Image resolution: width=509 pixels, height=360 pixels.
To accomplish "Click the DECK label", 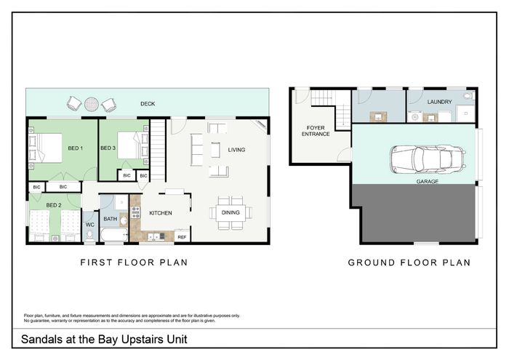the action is [148, 104].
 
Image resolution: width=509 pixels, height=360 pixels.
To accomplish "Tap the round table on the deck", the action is [92, 104].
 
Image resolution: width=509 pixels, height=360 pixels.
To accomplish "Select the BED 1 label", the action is [76, 148].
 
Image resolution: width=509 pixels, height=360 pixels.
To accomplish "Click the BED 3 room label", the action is [108, 148].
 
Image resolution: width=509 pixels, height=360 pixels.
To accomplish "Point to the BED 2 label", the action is [54, 205].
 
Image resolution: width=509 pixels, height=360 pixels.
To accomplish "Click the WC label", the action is [90, 225].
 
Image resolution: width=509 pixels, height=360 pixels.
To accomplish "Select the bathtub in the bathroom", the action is [114, 235].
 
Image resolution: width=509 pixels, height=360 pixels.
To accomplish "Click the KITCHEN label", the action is [161, 213].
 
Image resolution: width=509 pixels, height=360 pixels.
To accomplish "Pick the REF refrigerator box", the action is [182, 236].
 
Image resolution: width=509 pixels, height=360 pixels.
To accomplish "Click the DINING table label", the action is [231, 212].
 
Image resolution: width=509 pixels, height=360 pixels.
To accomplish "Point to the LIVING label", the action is [236, 150].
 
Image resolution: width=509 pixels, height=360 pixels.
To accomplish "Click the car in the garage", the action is [428, 159].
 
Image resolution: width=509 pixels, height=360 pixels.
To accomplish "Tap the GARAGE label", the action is [428, 182].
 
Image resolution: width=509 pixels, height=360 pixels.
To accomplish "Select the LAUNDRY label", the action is [439, 102].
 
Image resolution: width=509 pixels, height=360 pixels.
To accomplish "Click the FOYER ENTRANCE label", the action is [316, 131].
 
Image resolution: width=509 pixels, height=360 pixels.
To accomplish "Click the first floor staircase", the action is [158, 150].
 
